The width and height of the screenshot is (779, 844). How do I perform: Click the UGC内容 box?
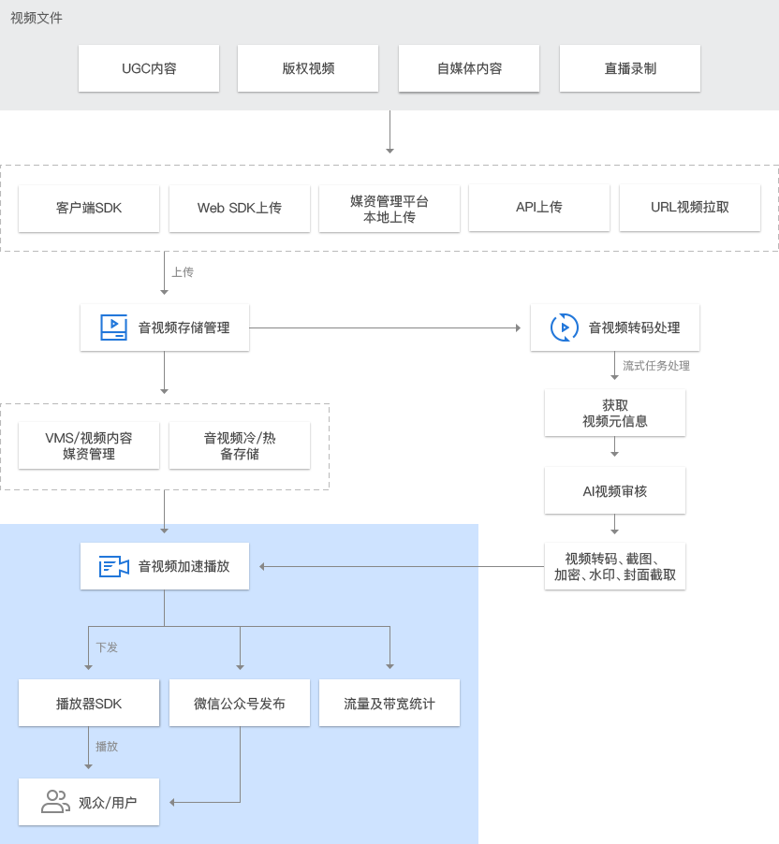tap(149, 68)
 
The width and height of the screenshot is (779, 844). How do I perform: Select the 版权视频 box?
tap(308, 68)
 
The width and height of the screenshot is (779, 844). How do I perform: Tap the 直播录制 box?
tap(630, 68)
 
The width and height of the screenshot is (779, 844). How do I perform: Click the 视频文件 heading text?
tap(37, 19)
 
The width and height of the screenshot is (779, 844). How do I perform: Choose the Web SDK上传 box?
tap(240, 209)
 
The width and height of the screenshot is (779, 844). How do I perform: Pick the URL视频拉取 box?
tap(690, 208)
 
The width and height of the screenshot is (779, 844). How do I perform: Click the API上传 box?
tap(539, 208)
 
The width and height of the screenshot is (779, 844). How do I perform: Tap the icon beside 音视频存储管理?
tap(113, 327)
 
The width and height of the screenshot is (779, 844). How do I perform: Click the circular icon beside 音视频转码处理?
tap(564, 327)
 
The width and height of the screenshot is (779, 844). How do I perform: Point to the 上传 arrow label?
tap(183, 272)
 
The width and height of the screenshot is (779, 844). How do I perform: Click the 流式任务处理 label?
tap(656, 366)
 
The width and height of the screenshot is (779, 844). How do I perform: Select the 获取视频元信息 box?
tap(615, 413)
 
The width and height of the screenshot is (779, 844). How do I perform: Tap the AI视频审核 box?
tap(615, 490)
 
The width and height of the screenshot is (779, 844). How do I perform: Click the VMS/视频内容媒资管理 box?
tap(89, 445)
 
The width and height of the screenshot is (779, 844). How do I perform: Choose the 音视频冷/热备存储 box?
tap(240, 445)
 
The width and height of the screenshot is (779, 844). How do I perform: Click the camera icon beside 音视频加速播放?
tap(114, 566)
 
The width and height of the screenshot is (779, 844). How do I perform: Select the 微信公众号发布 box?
tap(240, 703)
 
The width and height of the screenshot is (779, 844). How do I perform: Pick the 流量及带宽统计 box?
tap(389, 703)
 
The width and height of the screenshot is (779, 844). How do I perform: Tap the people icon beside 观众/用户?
tap(55, 802)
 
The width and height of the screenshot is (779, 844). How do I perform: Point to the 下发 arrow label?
tap(107, 648)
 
